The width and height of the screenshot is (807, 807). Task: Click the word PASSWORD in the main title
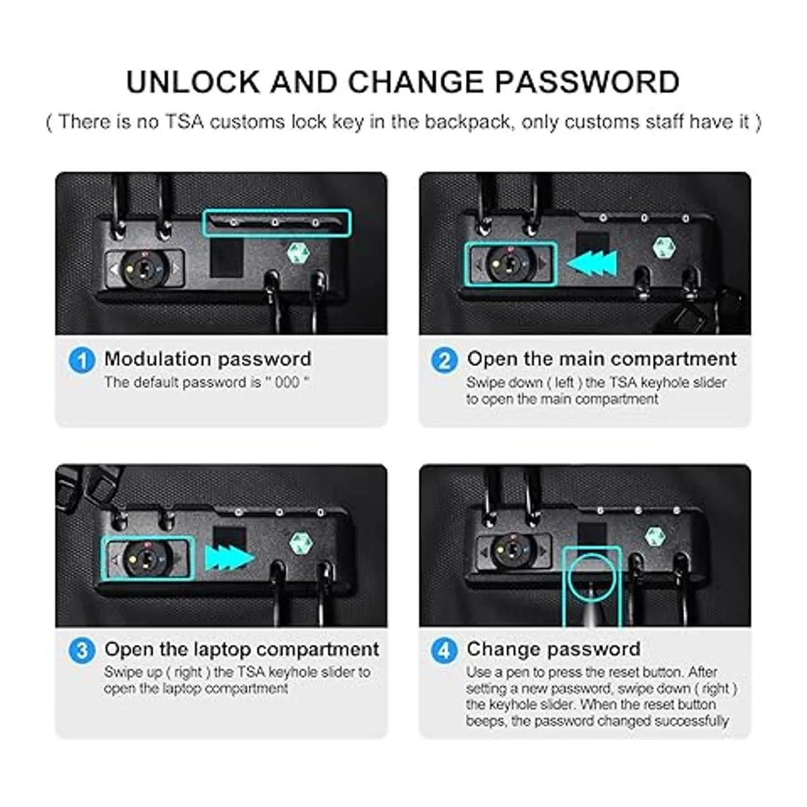pos(587,82)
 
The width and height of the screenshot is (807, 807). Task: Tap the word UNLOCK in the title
pos(193,82)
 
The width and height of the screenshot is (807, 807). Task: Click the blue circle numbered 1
pos(81,360)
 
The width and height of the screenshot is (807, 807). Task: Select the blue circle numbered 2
pos(445,360)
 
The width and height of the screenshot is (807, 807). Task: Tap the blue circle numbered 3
pos(81,651)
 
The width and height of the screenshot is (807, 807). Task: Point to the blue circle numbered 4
pos(445,651)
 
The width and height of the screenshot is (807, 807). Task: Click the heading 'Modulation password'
pos(208,359)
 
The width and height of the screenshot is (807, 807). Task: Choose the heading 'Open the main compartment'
pos(601,359)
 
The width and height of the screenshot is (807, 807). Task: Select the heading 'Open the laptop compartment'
pos(241,650)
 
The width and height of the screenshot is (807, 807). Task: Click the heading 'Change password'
pos(553,650)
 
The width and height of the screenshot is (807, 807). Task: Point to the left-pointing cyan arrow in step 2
pos(591,264)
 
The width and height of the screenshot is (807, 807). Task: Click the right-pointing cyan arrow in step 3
pos(229,559)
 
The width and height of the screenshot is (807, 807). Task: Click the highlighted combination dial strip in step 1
pos(277,223)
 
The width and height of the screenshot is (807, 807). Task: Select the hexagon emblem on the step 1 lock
pos(298,253)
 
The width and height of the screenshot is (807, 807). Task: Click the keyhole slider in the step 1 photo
pos(145,268)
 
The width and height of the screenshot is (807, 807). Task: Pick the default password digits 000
pos(287,383)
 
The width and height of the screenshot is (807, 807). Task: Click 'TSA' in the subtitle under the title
pos(185,122)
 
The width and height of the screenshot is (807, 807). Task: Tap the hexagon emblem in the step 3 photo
pos(301,543)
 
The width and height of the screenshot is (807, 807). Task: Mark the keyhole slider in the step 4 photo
pos(514,551)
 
